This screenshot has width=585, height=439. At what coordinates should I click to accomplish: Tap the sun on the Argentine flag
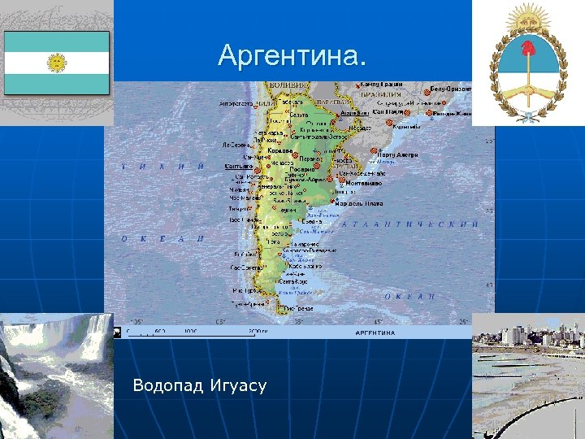pos(57,63)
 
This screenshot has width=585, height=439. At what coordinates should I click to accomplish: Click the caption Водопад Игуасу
pos(199,385)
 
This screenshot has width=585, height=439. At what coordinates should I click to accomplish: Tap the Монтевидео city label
pos(365,183)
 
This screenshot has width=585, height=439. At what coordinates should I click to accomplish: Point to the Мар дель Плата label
pos(359,203)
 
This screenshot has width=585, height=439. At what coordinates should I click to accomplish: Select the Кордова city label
pos(279,150)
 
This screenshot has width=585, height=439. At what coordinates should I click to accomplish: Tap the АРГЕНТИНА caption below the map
pos(375,333)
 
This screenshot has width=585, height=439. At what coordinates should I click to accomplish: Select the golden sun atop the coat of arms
pos(528,17)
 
